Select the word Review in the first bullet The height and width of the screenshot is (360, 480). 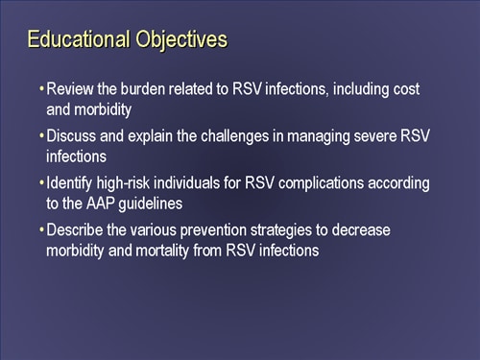[69, 88]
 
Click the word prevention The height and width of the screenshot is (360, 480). [236, 231]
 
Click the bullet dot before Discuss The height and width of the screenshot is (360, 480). [41, 135]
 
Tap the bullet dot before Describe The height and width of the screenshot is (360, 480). [41, 231]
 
